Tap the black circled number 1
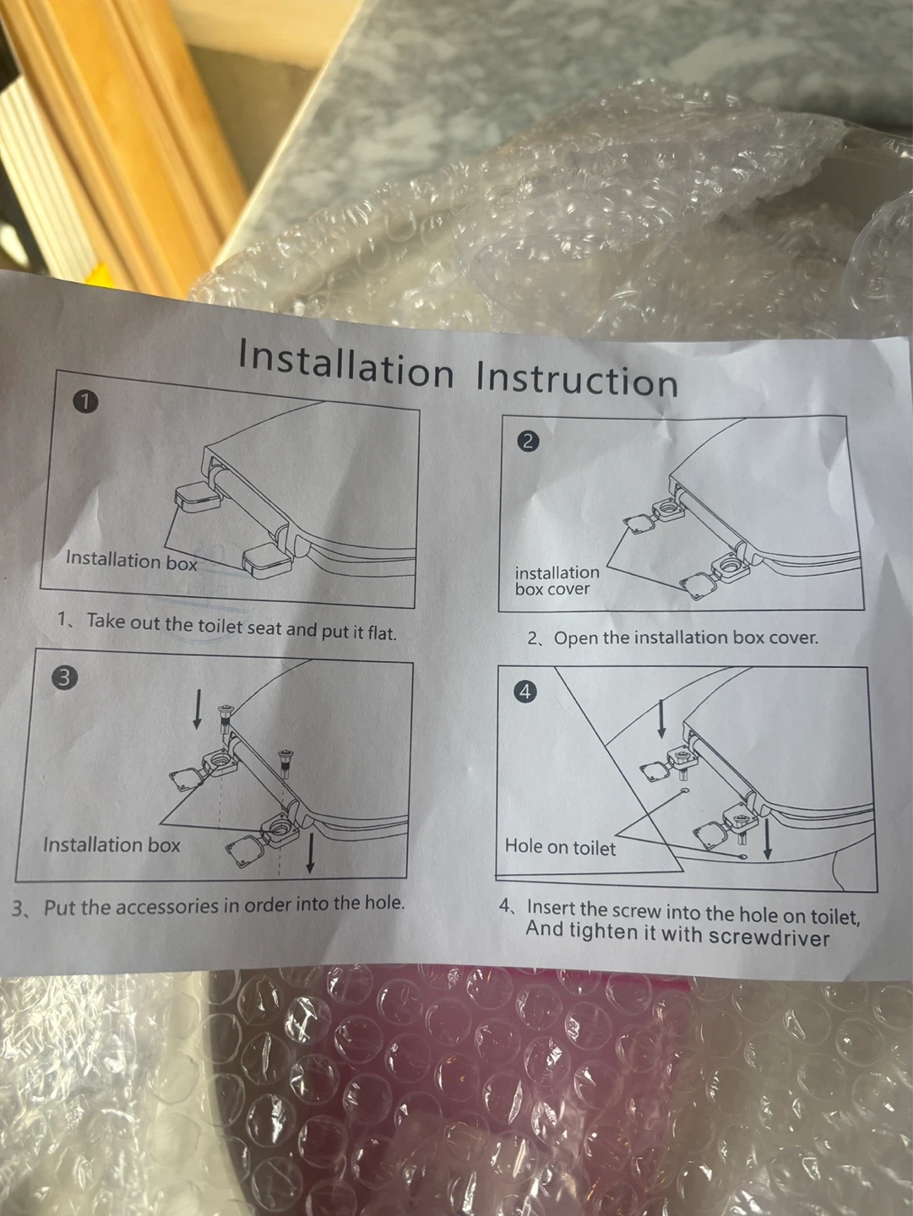point(85,402)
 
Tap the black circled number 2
point(527,441)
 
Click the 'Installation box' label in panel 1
point(131,560)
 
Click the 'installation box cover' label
point(557,580)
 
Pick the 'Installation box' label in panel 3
point(111,844)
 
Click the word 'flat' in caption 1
point(382,632)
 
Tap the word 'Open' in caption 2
point(575,638)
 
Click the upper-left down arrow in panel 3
point(197,708)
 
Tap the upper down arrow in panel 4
point(660,719)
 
